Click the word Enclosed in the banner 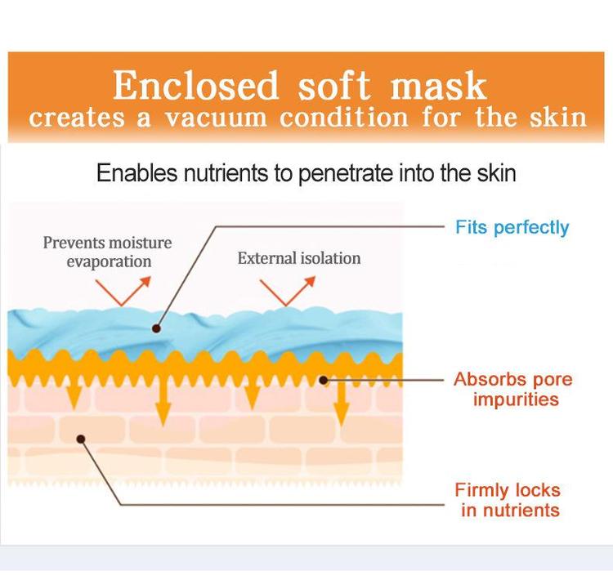(195, 85)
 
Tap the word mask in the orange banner (439, 85)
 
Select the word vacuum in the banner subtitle (216, 118)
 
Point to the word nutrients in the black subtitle (226, 172)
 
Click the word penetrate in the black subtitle (345, 173)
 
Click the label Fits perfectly (512, 227)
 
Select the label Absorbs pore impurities (513, 390)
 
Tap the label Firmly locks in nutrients (508, 500)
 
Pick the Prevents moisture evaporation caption (108, 252)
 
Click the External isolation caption (299, 258)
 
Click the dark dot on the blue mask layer (156, 328)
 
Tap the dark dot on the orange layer (324, 380)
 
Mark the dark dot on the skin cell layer (81, 439)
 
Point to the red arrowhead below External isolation (310, 281)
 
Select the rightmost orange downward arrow (342, 405)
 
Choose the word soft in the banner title (334, 85)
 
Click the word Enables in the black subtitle (136, 172)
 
